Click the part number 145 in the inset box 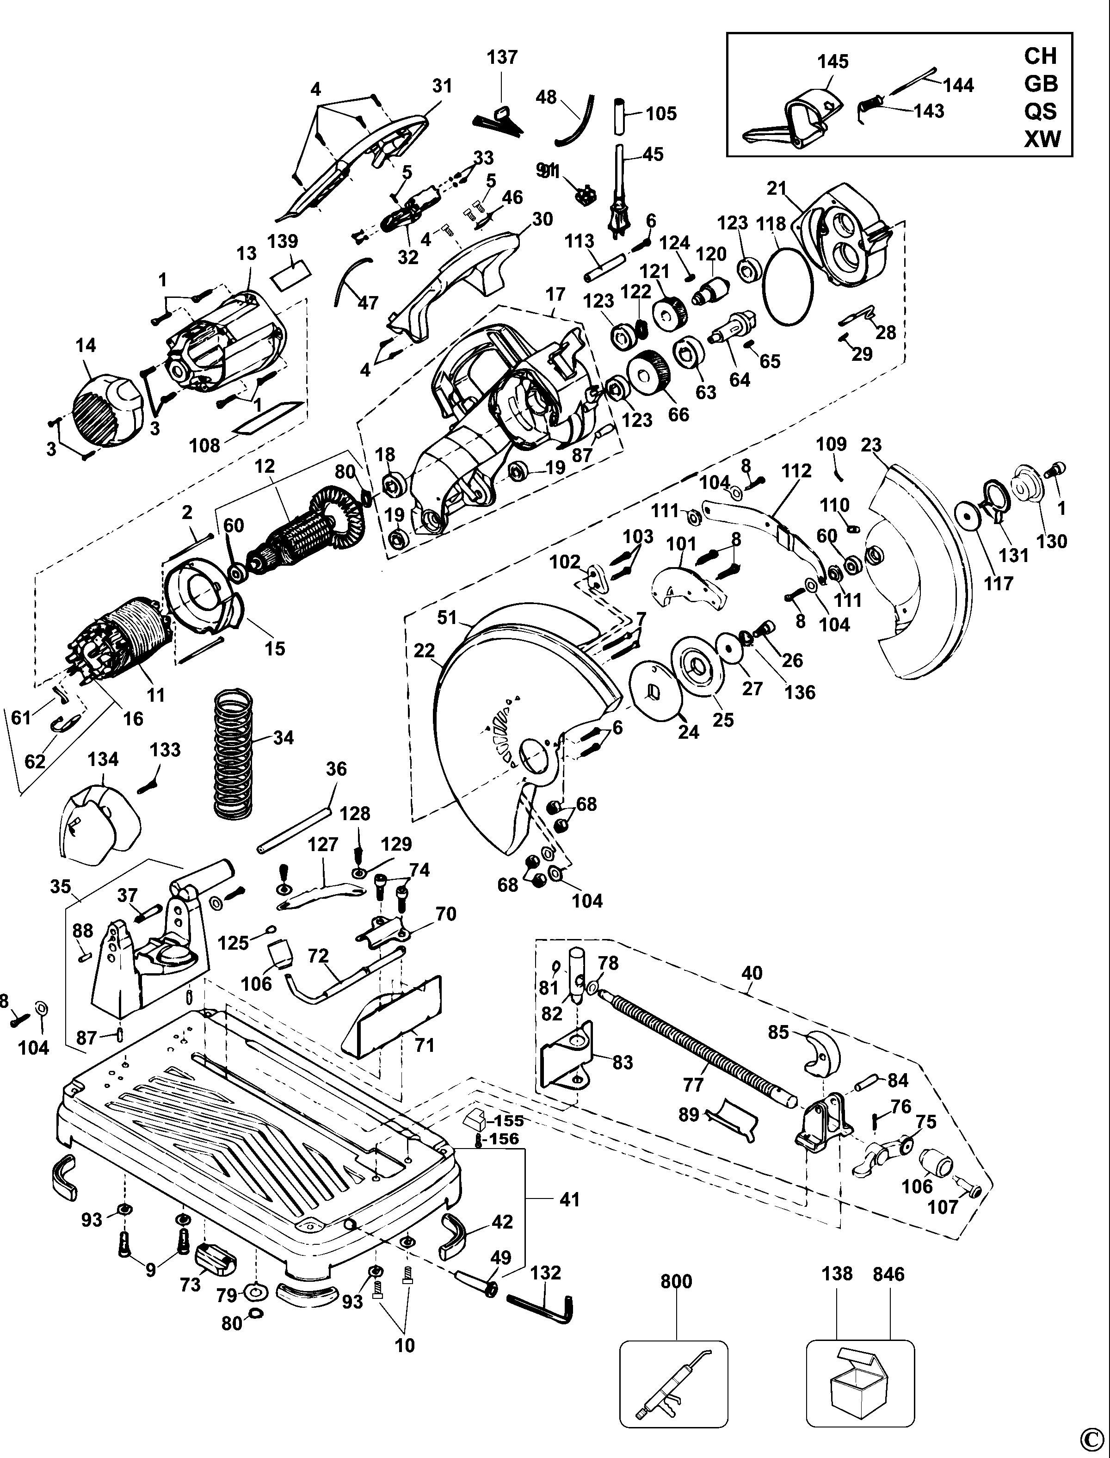pyautogui.click(x=832, y=62)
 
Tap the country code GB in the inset pyautogui.click(x=1041, y=84)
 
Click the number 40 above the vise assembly pyautogui.click(x=752, y=973)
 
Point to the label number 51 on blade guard pyautogui.click(x=447, y=617)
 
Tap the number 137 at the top pyautogui.click(x=502, y=57)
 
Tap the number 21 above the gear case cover pyautogui.click(x=777, y=188)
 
